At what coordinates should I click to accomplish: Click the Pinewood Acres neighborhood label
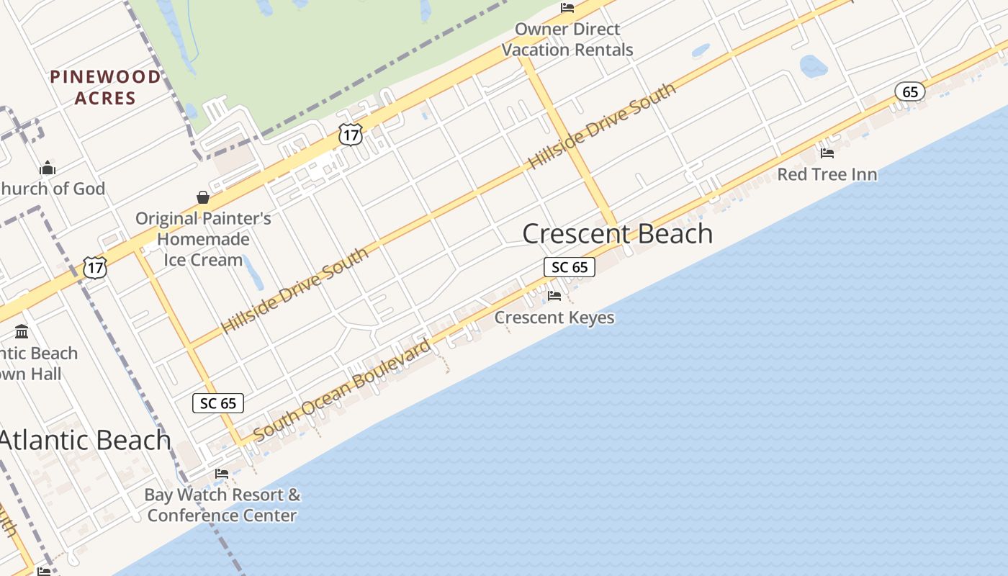point(105,87)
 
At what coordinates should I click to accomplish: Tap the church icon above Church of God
point(48,168)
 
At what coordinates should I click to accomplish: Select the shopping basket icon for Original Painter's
point(203,197)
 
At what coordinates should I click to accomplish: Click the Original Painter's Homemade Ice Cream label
point(203,239)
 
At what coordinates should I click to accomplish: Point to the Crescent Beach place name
point(617,233)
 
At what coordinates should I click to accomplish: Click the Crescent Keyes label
point(554,318)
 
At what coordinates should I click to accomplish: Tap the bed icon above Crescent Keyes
point(554,295)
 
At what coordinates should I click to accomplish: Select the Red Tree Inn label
point(827,174)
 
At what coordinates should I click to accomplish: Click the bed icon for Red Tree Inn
point(827,153)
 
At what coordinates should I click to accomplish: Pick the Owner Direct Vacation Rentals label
point(567,40)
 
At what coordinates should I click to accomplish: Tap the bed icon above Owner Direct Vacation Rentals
point(567,8)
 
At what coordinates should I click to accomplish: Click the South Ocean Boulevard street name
point(343,390)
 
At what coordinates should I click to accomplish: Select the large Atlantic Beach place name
point(85,440)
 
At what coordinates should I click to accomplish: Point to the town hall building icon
point(22,332)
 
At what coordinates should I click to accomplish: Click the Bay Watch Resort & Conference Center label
point(222,505)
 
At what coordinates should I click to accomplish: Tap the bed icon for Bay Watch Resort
point(222,473)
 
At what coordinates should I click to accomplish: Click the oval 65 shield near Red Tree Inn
point(910,91)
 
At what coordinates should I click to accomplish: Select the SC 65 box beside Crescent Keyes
point(569,267)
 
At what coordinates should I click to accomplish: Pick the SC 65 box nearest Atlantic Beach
point(218,403)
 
